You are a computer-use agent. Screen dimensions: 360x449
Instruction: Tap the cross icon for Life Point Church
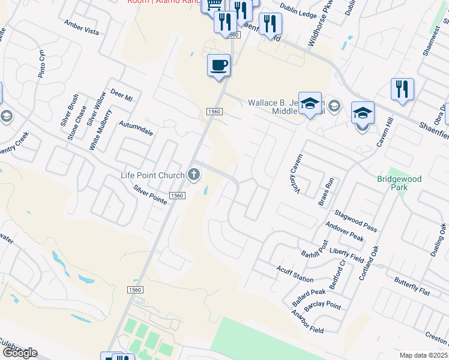193,175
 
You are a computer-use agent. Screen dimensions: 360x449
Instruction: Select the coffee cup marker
218,65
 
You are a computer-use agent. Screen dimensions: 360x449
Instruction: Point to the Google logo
19,353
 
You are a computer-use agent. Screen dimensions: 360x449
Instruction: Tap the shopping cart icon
214,5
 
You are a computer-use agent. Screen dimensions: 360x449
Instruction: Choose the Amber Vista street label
82,26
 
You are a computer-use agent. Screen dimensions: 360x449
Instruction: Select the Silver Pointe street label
150,195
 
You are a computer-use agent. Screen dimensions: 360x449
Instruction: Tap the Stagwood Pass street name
356,220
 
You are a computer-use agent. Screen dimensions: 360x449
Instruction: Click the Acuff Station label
295,274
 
